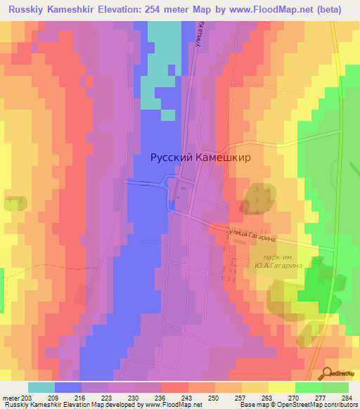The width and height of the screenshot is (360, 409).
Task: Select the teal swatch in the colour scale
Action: pos(41,387)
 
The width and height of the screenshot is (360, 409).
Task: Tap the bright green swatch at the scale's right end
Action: pos(335,387)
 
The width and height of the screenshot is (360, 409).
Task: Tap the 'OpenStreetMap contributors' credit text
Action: pos(318,405)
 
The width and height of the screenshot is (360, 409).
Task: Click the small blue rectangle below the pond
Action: pos(172,204)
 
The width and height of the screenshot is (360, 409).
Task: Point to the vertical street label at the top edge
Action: pos(200,34)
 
